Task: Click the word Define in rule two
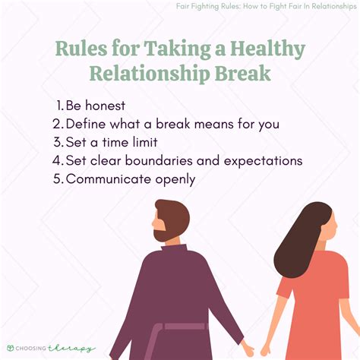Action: pyautogui.click(x=84, y=125)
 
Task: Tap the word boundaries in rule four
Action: pyautogui.click(x=166, y=161)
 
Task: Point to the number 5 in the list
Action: pyautogui.click(x=58, y=179)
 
